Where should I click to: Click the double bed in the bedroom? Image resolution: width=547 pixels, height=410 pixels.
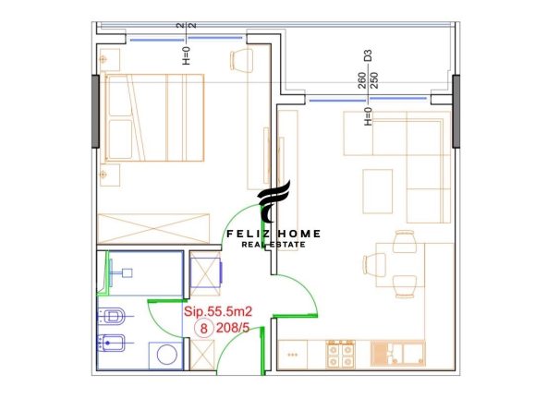pos(154,117)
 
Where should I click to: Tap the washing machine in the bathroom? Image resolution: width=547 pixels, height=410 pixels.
pos(166,356)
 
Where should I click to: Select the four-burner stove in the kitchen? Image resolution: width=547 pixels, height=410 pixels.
pos(340,355)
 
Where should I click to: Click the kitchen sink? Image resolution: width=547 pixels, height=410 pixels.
pos(397,354)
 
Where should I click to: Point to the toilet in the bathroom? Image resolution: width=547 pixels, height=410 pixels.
pos(111,317)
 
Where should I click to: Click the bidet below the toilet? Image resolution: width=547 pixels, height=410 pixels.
pos(111,344)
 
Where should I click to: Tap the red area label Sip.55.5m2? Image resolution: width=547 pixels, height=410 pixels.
pos(218,311)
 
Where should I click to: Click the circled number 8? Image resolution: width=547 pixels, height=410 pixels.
pos(203,329)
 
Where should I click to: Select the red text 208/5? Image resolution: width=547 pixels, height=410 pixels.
pos(233,328)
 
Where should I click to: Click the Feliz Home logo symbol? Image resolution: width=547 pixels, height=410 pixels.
pos(273,201)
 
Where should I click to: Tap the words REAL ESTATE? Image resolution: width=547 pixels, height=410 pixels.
pos(273,245)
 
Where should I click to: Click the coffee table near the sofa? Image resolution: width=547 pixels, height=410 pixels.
pos(378,191)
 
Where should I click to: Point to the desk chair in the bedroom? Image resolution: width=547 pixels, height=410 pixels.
pos(241,60)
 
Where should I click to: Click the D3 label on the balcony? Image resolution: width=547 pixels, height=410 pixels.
pos(368,55)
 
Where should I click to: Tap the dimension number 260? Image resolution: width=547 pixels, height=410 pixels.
pos(362,80)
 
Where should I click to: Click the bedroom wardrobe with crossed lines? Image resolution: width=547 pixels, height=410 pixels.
pos(153,228)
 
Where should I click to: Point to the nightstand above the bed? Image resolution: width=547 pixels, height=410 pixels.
pos(109,60)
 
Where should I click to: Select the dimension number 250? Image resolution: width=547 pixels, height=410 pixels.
pos(374,80)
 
